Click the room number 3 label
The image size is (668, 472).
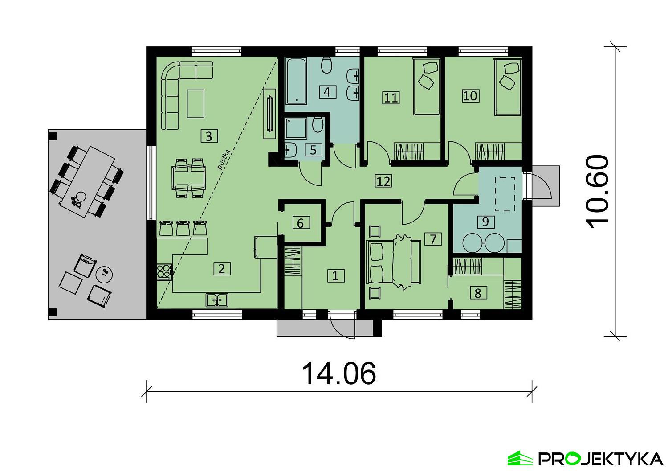coord(209,136)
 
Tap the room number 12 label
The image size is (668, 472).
coord(383,181)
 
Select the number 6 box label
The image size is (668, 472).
coord(300,223)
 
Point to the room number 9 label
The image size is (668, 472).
coord(485,222)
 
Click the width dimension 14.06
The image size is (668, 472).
coord(339,373)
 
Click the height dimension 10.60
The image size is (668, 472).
coord(597,192)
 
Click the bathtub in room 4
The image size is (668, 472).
coord(296,81)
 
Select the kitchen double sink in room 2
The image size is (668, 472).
coord(217,300)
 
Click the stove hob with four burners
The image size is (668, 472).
coord(164,272)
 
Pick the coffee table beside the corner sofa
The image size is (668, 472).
coord(196,103)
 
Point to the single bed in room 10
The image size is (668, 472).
coord(508,87)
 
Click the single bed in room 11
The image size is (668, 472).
coord(427,86)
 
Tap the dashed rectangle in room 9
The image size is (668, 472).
coord(505,194)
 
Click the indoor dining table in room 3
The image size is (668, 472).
coord(188,178)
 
